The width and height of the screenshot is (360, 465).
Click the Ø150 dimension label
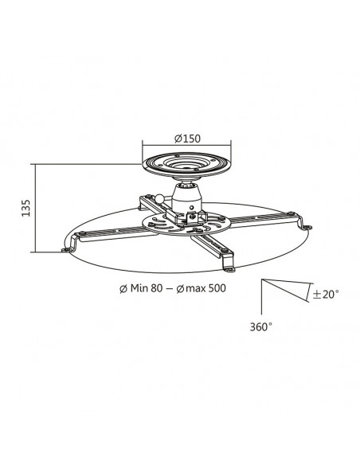pos(187,139)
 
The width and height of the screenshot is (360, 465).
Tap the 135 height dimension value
pos(26,208)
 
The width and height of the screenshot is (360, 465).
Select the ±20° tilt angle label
pos(326,294)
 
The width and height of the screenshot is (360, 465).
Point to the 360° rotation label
pos(261,326)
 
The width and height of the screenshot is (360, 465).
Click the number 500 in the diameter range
pos(217,288)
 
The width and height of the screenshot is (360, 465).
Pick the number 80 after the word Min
pos(157,288)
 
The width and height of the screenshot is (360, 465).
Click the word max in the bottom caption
pos(196,288)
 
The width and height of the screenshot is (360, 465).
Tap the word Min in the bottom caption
pos(139,288)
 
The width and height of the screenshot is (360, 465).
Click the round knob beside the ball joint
pos(160,197)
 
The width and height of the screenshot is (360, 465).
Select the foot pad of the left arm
pos(68,250)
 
